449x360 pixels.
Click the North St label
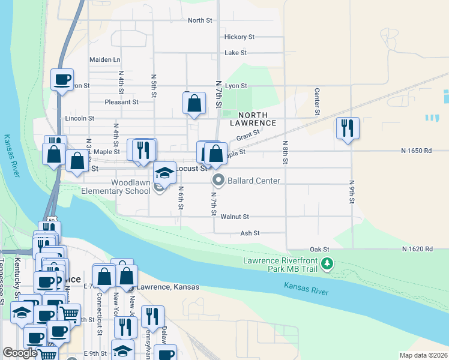pyautogui.click(x=200, y=20)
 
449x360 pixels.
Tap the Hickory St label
pyautogui.click(x=239, y=37)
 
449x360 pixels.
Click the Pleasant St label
pyautogui.click(x=121, y=102)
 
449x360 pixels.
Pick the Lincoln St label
pyautogui.click(x=79, y=119)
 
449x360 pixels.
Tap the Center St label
pyautogui.click(x=317, y=101)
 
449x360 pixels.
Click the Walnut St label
pyautogui.click(x=234, y=217)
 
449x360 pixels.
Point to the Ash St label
pyautogui.click(x=250, y=233)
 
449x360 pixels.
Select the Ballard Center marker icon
pyautogui.click(x=218, y=180)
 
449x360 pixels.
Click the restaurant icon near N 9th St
pyautogui.click(x=348, y=128)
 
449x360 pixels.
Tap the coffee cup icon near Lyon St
pyautogui.click(x=62, y=79)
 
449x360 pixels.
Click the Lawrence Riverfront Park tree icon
pyautogui.click(x=327, y=264)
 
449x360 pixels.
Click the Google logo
pyautogui.click(x=20, y=353)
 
